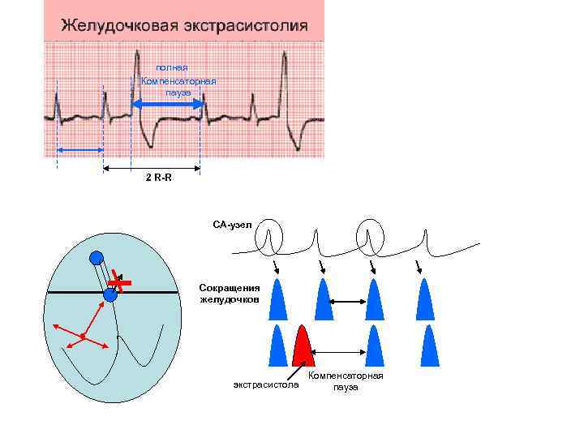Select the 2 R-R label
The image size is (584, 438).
pos(158,178)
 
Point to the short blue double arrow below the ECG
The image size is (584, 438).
pos(79,150)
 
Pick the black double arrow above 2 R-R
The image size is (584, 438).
pos(152,169)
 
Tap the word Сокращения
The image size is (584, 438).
pos(230,288)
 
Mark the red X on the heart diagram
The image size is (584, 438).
pos(121,281)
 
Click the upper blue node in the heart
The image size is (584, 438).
pos(97,258)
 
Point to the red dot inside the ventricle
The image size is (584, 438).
pos(83,335)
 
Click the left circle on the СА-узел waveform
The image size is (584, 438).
pos(268,237)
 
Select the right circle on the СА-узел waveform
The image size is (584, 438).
pos(369,236)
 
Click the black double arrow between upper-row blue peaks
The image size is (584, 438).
pos(348,303)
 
